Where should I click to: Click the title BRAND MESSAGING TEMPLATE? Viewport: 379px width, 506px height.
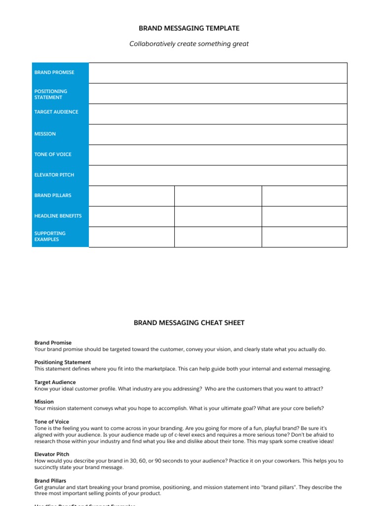click(189, 29)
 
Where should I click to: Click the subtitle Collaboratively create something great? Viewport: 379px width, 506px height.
click(189, 44)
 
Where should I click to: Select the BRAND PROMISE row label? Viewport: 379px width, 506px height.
click(54, 73)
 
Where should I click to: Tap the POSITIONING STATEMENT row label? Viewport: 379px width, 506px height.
click(51, 94)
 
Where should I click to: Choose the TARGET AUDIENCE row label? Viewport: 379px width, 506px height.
click(56, 112)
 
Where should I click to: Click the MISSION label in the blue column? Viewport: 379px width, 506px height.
click(45, 134)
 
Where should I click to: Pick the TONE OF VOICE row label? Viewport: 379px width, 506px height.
click(53, 155)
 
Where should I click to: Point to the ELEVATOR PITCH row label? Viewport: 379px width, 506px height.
click(54, 175)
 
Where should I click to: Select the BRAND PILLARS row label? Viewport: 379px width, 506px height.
click(53, 196)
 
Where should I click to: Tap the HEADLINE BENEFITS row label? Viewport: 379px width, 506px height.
click(58, 216)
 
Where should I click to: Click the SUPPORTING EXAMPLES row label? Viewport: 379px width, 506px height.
click(50, 236)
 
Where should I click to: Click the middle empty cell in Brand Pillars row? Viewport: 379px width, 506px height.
click(218, 196)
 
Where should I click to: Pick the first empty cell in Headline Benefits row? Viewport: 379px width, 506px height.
click(131, 216)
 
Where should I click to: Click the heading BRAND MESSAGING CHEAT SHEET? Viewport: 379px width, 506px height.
click(189, 323)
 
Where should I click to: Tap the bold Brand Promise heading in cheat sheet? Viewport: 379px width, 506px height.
click(53, 342)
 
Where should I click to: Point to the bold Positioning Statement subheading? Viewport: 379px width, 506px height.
click(63, 362)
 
